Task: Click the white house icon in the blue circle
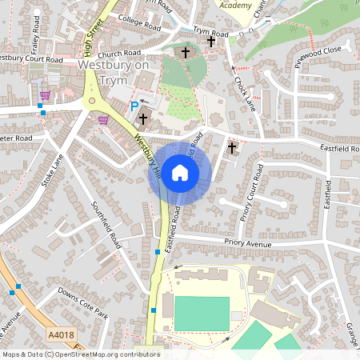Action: coord(180,172)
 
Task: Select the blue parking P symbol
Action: coord(134,106)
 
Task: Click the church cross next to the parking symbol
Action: coord(143,119)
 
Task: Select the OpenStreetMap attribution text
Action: coord(80,354)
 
